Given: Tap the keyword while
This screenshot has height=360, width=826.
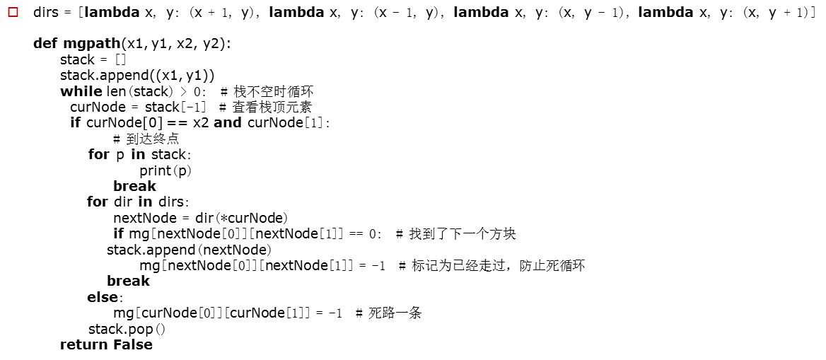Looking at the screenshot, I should click(x=81, y=91).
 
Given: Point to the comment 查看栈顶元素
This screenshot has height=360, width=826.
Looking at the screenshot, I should click(x=272, y=107).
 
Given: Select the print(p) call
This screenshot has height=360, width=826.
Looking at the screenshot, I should click(x=165, y=170).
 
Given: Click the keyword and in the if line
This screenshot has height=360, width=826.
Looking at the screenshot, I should click(x=227, y=123).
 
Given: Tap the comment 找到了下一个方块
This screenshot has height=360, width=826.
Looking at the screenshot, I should click(x=463, y=233).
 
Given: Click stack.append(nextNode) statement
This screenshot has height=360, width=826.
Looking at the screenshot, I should click(x=189, y=250).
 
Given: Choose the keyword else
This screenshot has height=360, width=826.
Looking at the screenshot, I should click(x=103, y=297).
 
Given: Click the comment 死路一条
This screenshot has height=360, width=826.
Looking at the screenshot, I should click(x=395, y=313).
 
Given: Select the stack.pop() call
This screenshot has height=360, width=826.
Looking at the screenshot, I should click(x=127, y=329).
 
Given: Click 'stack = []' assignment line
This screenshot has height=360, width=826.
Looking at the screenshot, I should click(x=93, y=59).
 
